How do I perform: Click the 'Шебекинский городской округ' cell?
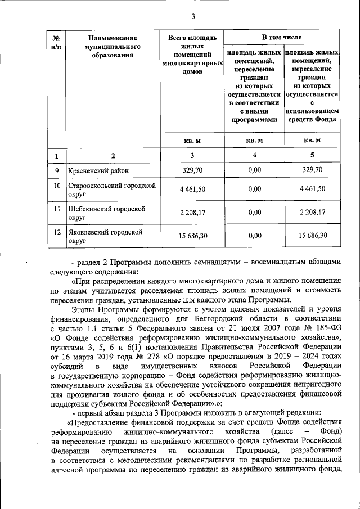(x=107, y=212)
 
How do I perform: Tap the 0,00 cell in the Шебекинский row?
(x=254, y=212)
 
